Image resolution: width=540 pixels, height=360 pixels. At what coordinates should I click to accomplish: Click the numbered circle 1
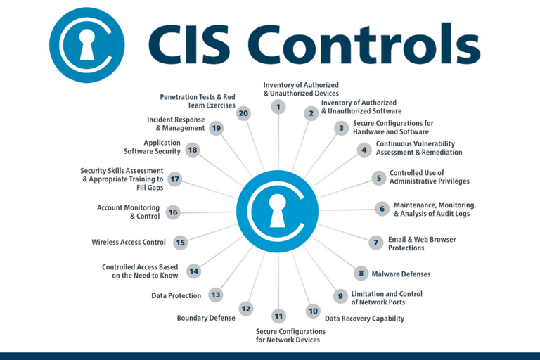[x=278, y=107]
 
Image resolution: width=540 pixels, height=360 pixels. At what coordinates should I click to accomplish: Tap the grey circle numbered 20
[x=243, y=113]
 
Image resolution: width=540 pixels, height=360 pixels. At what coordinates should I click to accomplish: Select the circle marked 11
[x=278, y=316]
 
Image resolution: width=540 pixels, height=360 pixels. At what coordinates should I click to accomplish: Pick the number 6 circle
[x=382, y=209]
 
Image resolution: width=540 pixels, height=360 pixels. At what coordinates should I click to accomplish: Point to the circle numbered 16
[x=173, y=212]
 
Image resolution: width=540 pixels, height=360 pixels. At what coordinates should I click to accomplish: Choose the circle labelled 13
[x=215, y=295]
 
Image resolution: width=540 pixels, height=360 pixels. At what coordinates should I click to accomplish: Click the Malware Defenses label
[x=401, y=274]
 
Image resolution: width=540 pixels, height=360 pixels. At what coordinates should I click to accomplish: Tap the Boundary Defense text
[x=206, y=318]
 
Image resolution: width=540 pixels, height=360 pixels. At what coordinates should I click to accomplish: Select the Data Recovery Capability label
[x=364, y=318]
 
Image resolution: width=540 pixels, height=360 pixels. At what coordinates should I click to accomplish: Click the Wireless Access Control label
[x=129, y=243]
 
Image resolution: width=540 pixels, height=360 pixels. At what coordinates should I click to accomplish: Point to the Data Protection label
[x=176, y=295]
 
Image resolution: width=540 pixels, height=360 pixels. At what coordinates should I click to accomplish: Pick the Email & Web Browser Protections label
[x=422, y=243]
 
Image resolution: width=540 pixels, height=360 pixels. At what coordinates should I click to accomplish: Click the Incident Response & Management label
[x=176, y=124]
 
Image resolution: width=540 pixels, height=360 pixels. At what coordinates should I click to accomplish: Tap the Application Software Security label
[x=152, y=147]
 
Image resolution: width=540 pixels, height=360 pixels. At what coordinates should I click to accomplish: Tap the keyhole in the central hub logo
[x=278, y=209]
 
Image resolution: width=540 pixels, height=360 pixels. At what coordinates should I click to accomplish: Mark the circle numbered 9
[x=340, y=296]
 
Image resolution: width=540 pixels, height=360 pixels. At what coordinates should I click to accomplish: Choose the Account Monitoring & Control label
[x=129, y=212]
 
